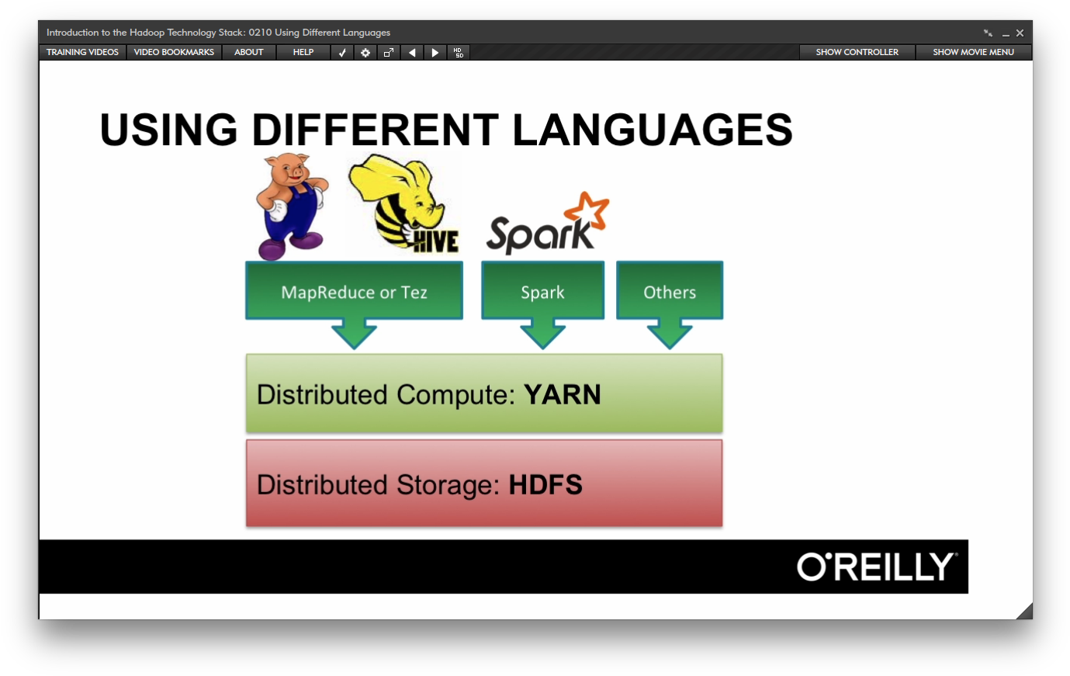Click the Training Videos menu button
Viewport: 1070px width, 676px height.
82,52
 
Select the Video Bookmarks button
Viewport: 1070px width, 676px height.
174,52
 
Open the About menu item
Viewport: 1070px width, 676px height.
249,52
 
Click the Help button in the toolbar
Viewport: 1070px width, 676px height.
303,52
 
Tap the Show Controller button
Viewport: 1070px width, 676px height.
857,52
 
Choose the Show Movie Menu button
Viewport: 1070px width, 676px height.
973,52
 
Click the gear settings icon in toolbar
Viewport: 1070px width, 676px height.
365,53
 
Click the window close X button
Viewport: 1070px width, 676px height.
1020,33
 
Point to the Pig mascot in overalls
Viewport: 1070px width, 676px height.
290,206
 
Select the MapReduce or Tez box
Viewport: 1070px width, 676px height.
354,292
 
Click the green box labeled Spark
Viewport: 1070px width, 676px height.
542,292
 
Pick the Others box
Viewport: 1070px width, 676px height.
670,292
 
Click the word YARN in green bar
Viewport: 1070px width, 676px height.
563,394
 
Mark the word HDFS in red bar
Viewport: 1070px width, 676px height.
545,485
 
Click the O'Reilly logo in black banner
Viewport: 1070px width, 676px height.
877,567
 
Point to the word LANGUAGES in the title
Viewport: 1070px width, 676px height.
653,130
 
